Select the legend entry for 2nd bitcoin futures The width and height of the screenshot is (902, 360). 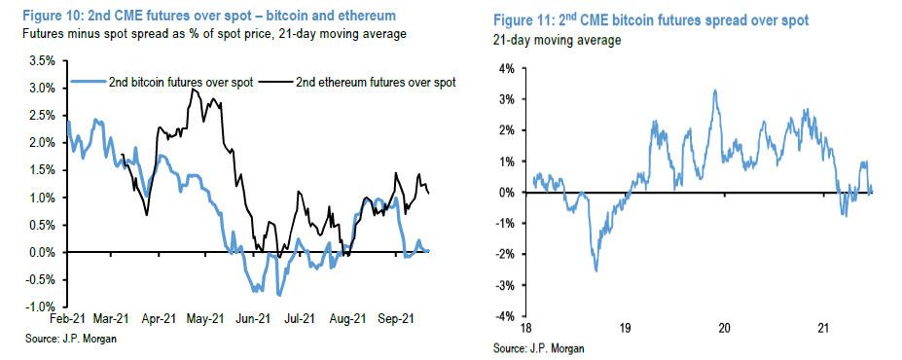tap(179, 83)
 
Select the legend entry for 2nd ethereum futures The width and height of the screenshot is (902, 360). tap(376, 83)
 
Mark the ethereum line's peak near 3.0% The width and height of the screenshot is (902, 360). tap(195, 90)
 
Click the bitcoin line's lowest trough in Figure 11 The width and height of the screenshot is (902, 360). tap(595, 270)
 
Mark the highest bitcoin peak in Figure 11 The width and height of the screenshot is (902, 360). tap(715, 90)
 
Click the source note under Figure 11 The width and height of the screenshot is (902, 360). tap(525, 348)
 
